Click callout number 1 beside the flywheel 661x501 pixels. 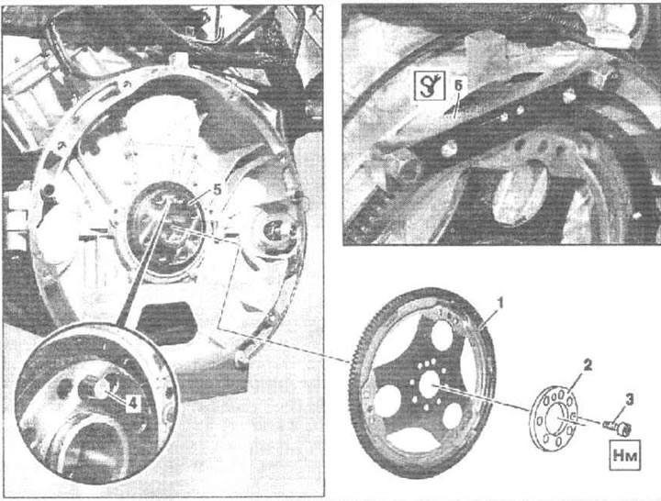click(499, 303)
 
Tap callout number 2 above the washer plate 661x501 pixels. click(587, 365)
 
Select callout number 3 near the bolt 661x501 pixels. click(629, 400)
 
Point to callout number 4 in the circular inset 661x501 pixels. click(132, 404)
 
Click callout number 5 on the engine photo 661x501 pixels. click(217, 190)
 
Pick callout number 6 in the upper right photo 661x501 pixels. click(458, 85)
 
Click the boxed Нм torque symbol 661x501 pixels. click(625, 455)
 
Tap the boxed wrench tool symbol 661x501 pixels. click(430, 85)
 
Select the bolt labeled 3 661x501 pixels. click(618, 427)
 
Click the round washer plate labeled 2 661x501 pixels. click(554, 417)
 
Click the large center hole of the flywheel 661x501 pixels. click(430, 383)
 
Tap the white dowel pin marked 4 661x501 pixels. click(101, 387)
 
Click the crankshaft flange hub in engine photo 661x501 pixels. click(167, 229)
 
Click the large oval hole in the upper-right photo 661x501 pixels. click(520, 191)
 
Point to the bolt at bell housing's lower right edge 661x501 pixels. click(241, 359)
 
